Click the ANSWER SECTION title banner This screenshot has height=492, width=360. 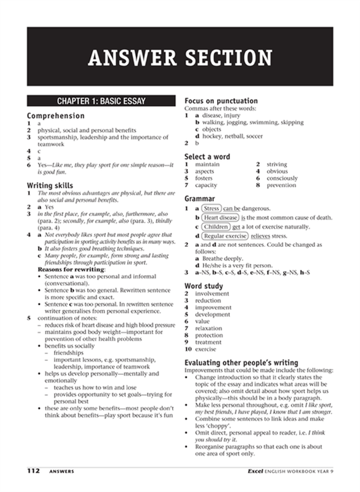pos(180,57)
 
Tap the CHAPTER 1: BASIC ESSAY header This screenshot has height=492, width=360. pos(101,101)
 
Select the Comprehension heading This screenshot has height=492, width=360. pos(56,116)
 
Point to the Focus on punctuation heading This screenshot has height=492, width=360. pos(221,101)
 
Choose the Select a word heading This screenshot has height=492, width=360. pos(207,156)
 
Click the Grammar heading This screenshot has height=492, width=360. pos(200,198)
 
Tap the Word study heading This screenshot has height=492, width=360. pos(204,286)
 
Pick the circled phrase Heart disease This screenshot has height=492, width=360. pos(220,218)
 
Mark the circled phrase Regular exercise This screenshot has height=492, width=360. pos(225,236)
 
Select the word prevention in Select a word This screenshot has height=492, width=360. pos(281,185)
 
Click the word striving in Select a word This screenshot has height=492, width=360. pos(277,164)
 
